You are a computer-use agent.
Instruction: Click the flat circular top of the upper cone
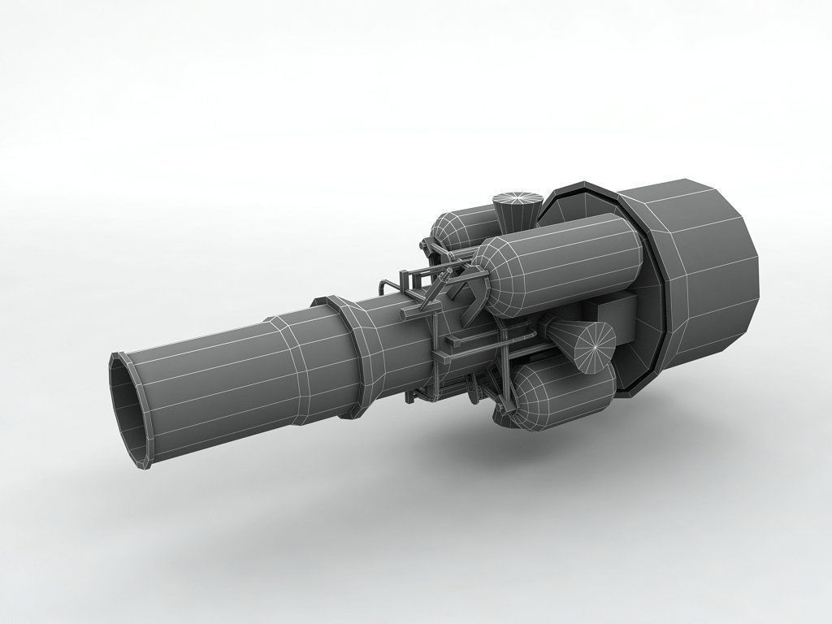tap(518, 198)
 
